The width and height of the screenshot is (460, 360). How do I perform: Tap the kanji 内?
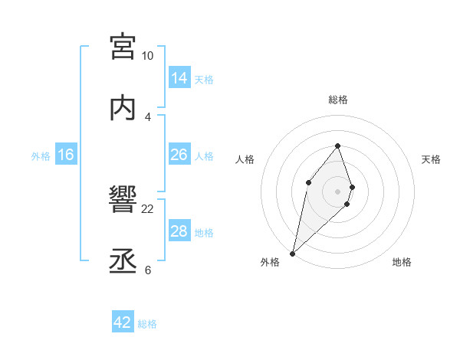[x=123, y=108]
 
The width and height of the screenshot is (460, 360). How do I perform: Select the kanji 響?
[x=123, y=201]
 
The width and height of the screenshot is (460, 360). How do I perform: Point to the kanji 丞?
[x=123, y=262]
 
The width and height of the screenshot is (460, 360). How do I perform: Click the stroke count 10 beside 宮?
[x=147, y=56]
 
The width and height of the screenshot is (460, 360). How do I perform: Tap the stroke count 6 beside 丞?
[x=147, y=270]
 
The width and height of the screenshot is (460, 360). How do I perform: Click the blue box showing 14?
[x=179, y=77]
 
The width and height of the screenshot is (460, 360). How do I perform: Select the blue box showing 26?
[x=179, y=154]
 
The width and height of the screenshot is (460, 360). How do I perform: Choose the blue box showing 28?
[x=179, y=231]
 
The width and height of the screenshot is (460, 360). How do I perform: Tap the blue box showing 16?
[x=66, y=155]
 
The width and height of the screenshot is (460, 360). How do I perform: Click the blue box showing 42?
[x=123, y=322]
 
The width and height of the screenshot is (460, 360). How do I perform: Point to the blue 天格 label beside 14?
[x=204, y=79]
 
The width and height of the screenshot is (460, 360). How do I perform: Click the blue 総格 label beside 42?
[x=147, y=324]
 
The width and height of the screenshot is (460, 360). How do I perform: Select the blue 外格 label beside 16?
[x=41, y=156]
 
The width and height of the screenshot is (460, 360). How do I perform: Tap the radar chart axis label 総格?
[x=337, y=100]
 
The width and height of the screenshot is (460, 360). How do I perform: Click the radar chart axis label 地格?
[x=402, y=262]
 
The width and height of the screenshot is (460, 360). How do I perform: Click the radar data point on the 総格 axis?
[x=337, y=145]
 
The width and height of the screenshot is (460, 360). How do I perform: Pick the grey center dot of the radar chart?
[x=337, y=191]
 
